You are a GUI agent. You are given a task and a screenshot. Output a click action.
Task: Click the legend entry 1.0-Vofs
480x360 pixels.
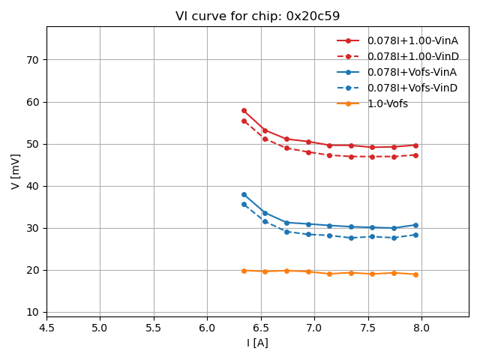click(388, 103)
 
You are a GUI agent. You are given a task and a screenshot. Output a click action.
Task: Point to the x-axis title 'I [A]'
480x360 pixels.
click(257, 343)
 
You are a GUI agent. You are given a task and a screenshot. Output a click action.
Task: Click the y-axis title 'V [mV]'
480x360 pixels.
click(16, 171)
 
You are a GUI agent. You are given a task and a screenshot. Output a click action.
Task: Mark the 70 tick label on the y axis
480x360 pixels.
click(33, 60)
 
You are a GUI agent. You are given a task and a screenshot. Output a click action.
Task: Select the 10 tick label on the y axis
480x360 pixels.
click(33, 312)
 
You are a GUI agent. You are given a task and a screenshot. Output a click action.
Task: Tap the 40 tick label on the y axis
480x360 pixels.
click(33, 186)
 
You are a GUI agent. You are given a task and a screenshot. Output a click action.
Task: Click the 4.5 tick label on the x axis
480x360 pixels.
click(46, 327)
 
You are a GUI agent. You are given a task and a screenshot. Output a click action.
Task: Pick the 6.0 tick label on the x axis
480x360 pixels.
click(207, 327)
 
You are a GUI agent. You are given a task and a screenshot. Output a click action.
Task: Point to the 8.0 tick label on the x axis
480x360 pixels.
click(421, 327)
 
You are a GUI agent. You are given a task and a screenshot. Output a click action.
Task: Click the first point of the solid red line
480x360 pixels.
click(244, 110)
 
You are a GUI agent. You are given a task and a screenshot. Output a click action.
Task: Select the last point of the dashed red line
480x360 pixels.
click(415, 155)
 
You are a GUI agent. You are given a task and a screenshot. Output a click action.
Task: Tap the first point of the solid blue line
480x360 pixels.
click(244, 194)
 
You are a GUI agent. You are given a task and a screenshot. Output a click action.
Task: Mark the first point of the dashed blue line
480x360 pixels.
click(244, 204)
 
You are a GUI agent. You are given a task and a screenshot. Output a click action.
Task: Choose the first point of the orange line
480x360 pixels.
click(244, 271)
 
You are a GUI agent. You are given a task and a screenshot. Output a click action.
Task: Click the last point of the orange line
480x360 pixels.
click(415, 274)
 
